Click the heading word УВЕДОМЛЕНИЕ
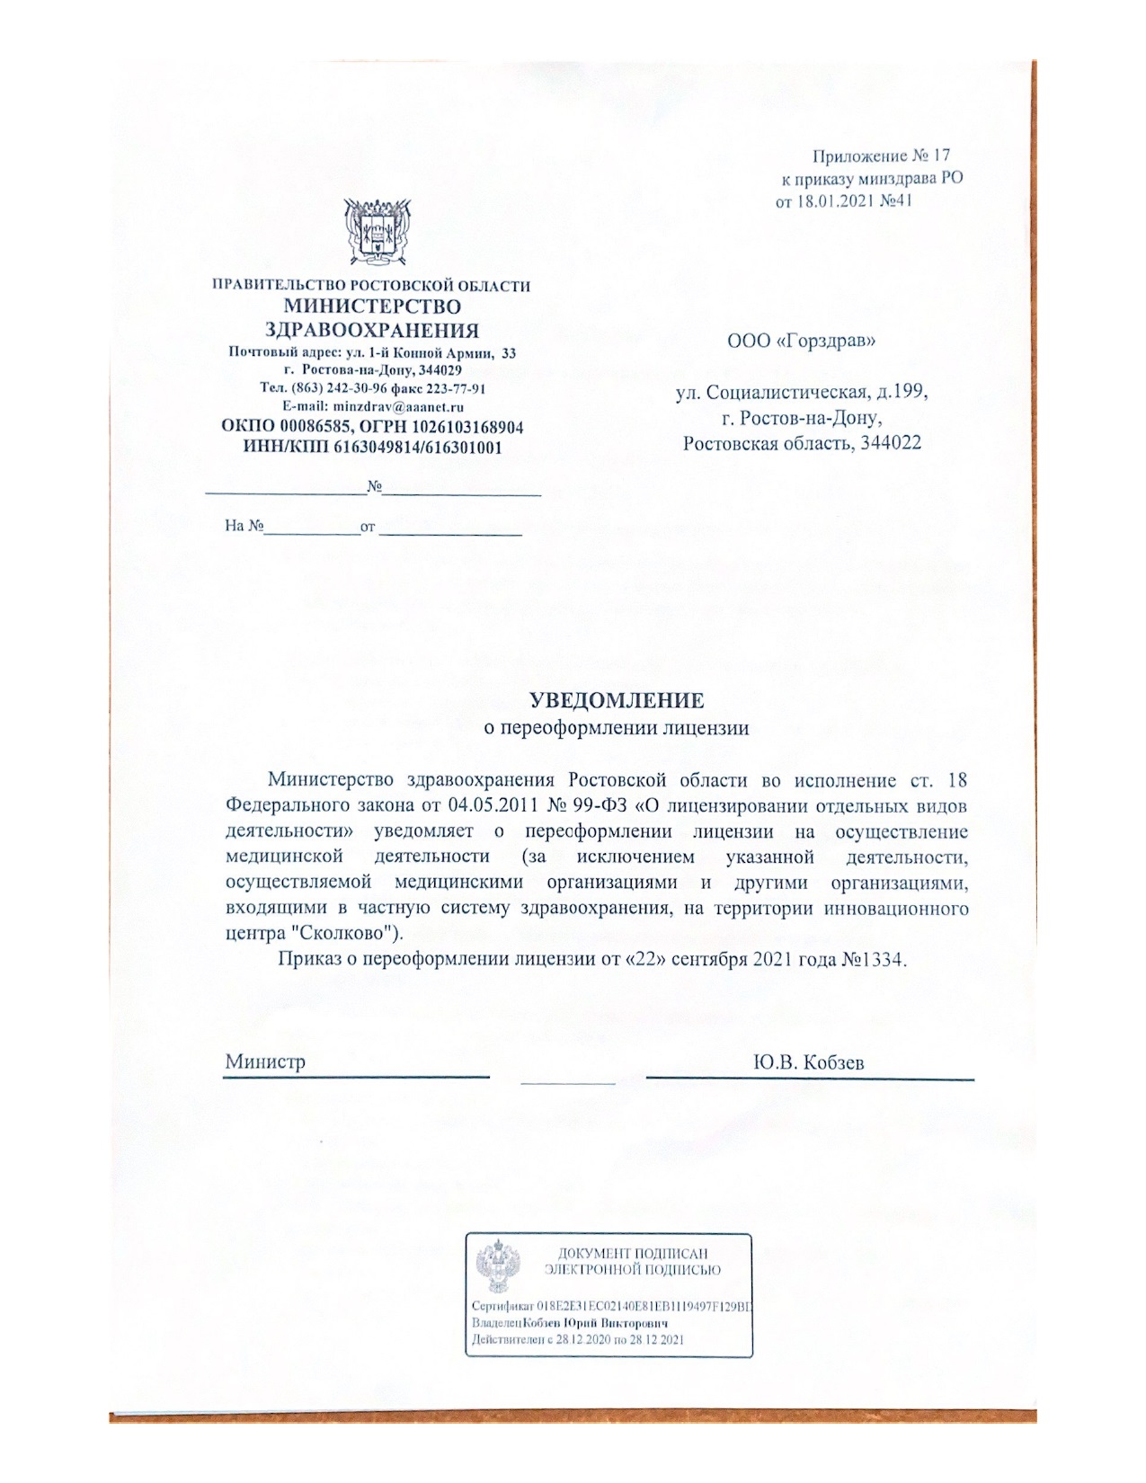point(616,699)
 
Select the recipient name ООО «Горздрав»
point(801,341)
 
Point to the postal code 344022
point(889,443)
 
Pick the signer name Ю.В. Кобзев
point(809,1062)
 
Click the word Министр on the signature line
point(265,1061)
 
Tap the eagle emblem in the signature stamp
point(493,1266)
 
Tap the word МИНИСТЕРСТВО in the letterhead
point(372,307)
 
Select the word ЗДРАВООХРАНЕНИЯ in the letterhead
point(372,329)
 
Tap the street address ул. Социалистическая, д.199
point(802,393)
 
